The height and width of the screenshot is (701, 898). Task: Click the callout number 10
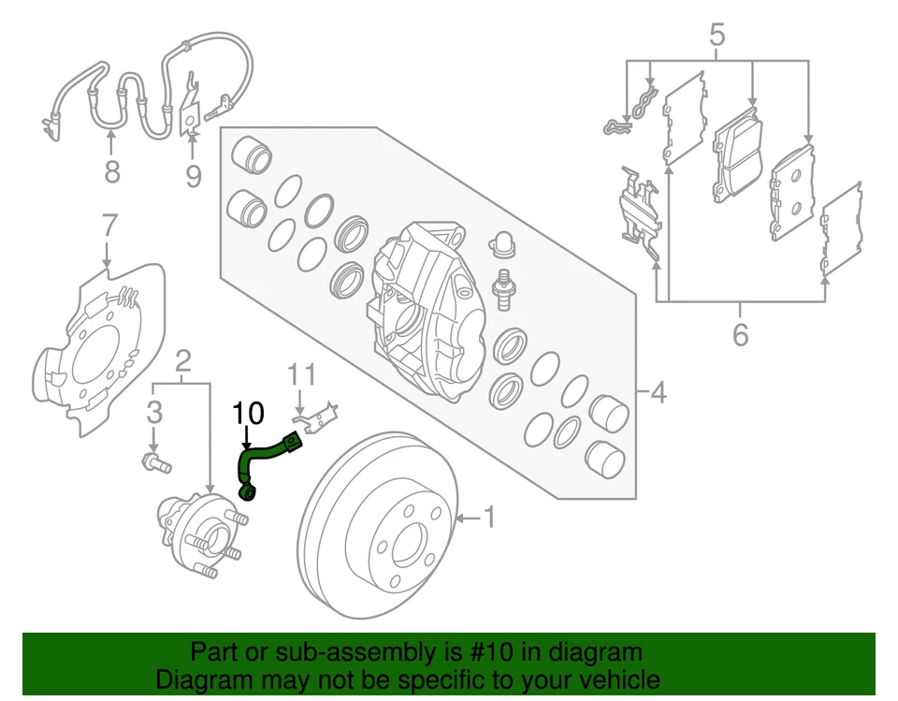point(249,412)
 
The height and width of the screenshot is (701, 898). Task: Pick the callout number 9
point(193,175)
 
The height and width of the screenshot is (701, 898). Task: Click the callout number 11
point(301,374)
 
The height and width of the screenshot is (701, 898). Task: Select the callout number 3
point(155,411)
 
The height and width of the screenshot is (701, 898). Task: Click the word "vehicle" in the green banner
point(612,679)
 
